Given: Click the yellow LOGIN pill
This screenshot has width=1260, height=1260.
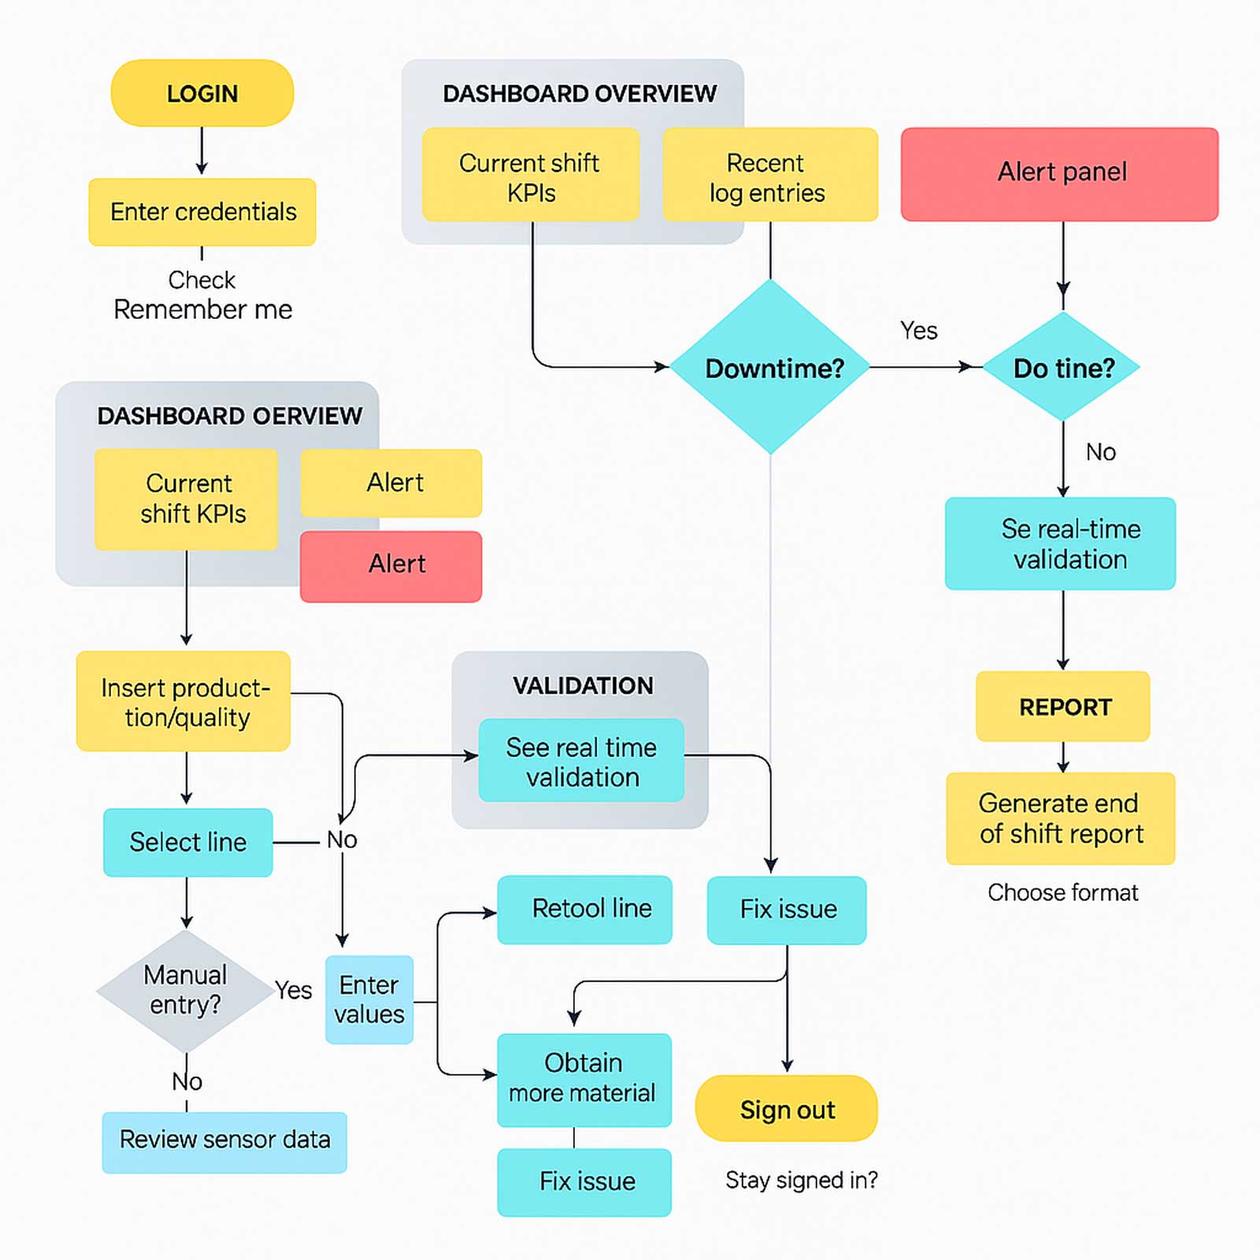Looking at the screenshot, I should click(x=202, y=93).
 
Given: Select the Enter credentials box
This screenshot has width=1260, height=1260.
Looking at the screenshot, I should click(x=202, y=212).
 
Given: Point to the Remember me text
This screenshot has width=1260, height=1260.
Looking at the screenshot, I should click(x=202, y=309).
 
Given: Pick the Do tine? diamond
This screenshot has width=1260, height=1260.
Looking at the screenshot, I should click(x=1062, y=368).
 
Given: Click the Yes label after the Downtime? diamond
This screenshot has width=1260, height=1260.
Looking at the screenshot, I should click(x=918, y=331).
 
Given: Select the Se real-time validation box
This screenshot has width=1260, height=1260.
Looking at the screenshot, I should click(x=1060, y=543).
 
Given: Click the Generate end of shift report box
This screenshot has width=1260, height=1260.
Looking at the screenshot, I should click(x=1060, y=818).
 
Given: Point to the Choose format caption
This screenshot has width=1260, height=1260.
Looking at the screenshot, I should click(x=1062, y=892).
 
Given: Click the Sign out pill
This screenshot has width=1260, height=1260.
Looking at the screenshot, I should click(x=786, y=1109).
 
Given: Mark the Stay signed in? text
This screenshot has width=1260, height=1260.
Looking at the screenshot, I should click(x=801, y=1180).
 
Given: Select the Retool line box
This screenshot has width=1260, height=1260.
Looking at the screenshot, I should click(x=584, y=909).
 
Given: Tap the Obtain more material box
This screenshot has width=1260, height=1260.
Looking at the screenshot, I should click(x=584, y=1079).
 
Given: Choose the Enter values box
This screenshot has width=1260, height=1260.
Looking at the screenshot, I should click(x=369, y=999).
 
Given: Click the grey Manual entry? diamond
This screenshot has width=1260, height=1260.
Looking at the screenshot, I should click(x=185, y=991).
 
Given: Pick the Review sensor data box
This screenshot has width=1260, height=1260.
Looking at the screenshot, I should click(x=224, y=1140).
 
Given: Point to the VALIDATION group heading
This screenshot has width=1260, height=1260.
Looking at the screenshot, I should click(x=583, y=686).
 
